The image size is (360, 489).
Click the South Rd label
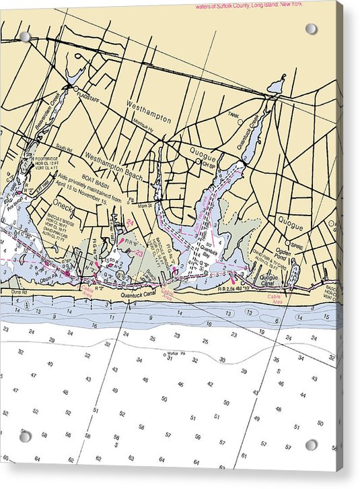(64, 148)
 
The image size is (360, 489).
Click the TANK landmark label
(233, 115)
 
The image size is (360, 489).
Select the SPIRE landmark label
(297, 247)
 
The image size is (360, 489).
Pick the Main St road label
(146, 206)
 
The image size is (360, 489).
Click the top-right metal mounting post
(310, 29)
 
